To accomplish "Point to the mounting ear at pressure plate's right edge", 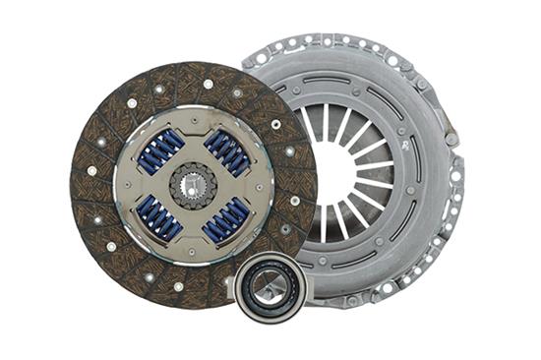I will pyautogui.click(x=455, y=183).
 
